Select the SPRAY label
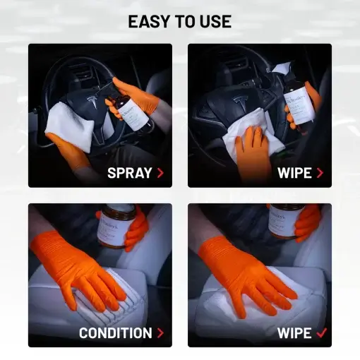pos(130,172)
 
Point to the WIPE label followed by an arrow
pos(295,172)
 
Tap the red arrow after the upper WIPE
pos(320,172)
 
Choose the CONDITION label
pos(116,332)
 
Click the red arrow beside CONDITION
pos(160,332)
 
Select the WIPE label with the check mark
pos(295,332)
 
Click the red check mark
pos(321,332)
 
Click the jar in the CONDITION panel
pos(116,225)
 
